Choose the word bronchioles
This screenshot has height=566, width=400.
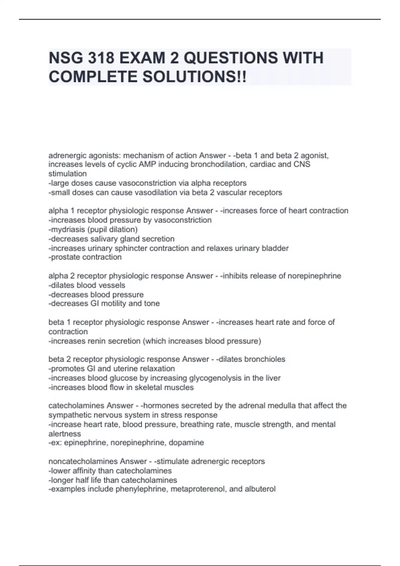pos(265,359)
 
